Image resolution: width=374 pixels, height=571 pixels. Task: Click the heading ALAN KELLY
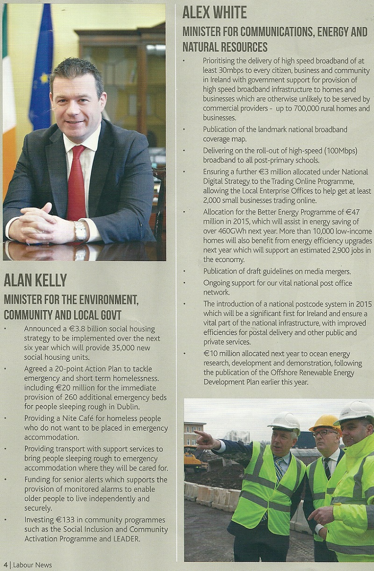click(x=36, y=280)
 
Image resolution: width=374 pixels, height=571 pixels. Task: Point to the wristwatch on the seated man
click(x=80, y=230)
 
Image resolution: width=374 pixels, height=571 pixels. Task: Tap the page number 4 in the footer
click(x=6, y=565)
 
